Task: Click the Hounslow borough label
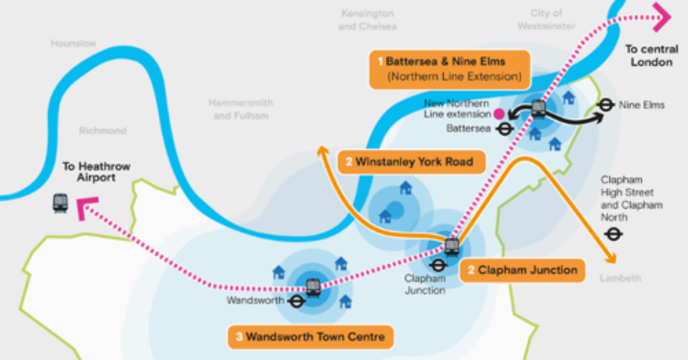(x=73, y=44)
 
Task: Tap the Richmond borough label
(x=102, y=131)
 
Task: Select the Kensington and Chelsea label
(x=367, y=19)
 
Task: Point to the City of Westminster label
(x=546, y=19)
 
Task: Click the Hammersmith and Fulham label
(x=240, y=109)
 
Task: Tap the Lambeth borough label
(x=620, y=278)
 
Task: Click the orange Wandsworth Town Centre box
(x=310, y=336)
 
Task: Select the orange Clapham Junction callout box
(x=522, y=270)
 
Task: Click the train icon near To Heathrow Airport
(x=60, y=203)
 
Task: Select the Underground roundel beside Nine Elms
(x=605, y=105)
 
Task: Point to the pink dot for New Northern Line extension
(x=499, y=114)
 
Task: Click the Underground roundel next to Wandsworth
(x=296, y=301)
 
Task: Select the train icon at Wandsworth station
(x=313, y=287)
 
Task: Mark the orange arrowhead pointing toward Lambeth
(x=611, y=259)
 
